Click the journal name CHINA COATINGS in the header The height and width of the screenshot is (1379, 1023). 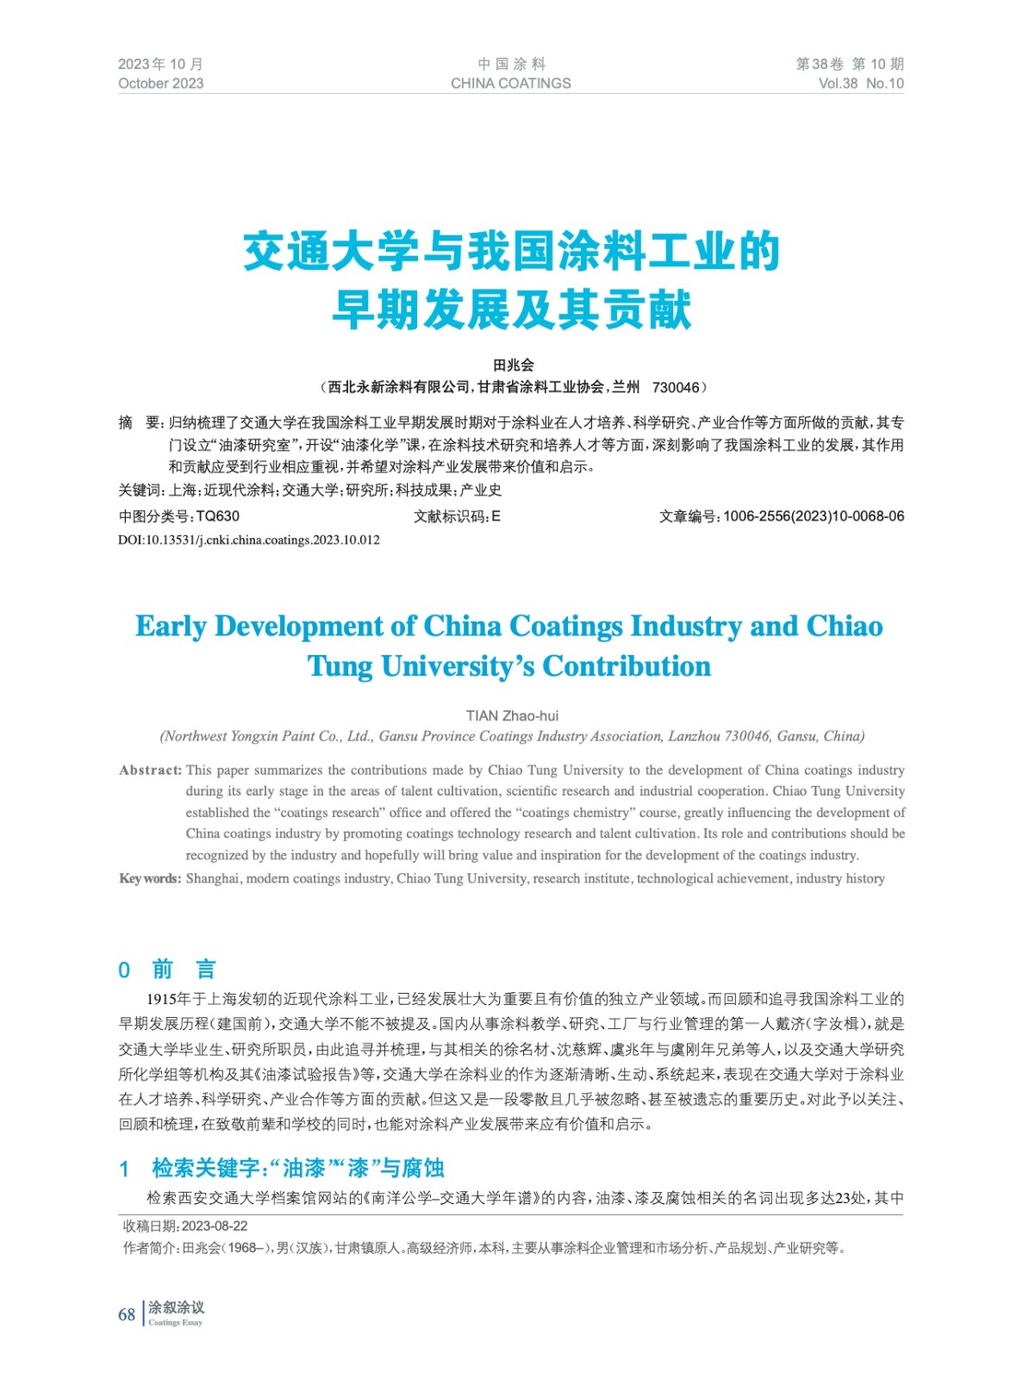coord(510,84)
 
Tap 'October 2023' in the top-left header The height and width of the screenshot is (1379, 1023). coord(161,84)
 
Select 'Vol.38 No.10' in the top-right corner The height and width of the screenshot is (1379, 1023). coord(860,84)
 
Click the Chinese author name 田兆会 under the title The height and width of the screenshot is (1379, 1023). coord(513,365)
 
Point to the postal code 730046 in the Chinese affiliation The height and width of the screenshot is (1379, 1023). coord(676,388)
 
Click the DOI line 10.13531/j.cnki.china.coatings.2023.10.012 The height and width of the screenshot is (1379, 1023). coord(249,540)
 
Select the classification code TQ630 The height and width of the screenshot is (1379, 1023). coord(218,516)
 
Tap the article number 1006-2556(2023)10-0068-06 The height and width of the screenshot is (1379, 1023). coord(814,516)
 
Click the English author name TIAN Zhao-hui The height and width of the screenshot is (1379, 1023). coord(512,715)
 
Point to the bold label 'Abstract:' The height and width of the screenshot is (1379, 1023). coord(151,771)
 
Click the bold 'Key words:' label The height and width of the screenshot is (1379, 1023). coord(150,879)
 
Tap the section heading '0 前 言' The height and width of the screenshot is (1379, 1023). coord(167,970)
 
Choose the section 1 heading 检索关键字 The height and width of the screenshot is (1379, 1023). coord(298,1169)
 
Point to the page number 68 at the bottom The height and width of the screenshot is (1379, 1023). coord(127,1314)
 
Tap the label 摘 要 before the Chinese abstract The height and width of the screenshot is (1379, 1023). coord(140,423)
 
